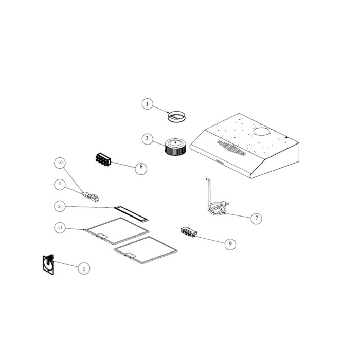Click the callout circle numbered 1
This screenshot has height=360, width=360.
[148, 104]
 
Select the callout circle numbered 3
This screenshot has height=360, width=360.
[147, 138]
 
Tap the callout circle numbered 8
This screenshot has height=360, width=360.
[141, 169]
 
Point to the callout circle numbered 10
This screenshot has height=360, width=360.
[60, 163]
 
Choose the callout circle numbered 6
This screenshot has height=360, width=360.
[60, 184]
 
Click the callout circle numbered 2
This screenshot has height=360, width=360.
[60, 206]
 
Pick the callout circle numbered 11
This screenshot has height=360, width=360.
[60, 227]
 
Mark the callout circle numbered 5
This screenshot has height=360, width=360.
[84, 268]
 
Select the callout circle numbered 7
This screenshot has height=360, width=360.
[256, 218]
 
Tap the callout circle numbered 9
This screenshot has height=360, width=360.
[230, 244]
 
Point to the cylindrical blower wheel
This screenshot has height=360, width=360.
[175, 147]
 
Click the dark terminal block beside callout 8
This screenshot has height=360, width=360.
[103, 159]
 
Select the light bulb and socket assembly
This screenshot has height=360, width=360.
[91, 196]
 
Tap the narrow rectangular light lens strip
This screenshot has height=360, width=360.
[131, 214]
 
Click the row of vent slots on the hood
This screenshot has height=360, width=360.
[231, 148]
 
